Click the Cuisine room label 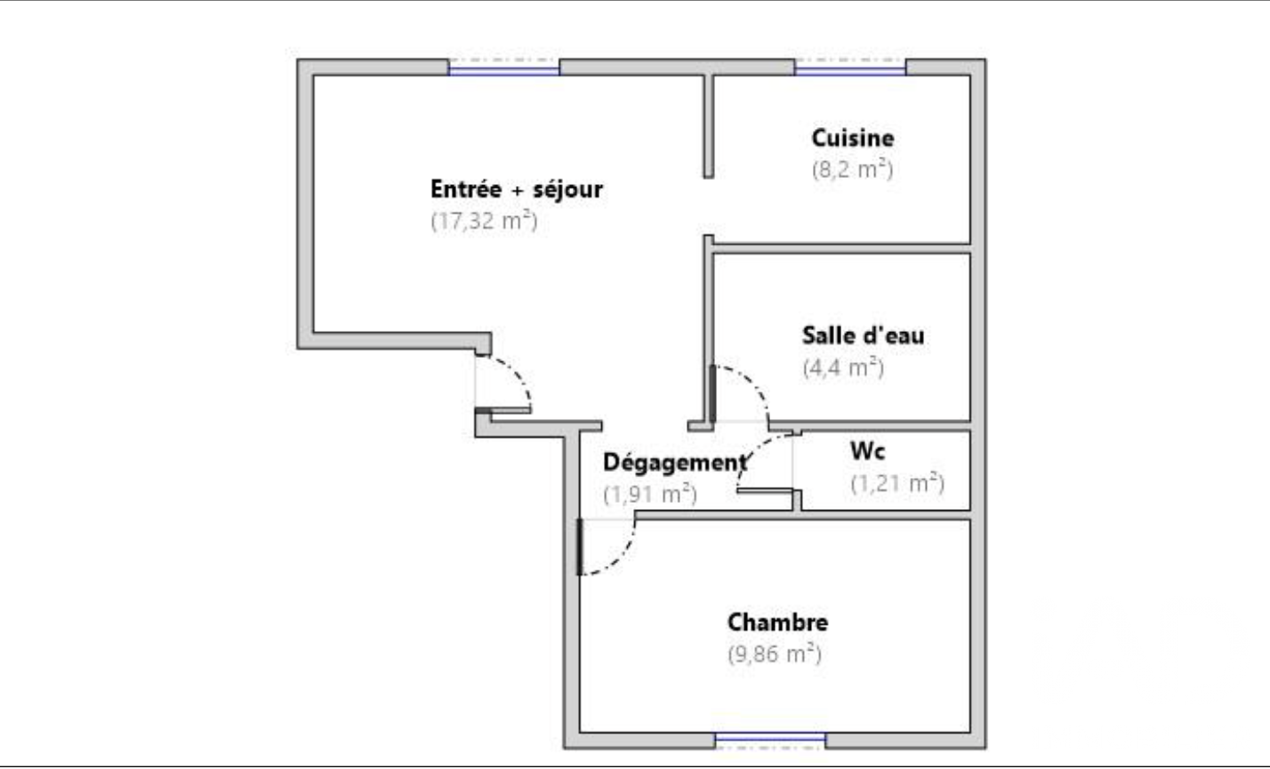coord(853,139)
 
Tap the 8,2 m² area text coord(853,170)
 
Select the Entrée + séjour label coord(517,190)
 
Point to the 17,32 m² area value coord(484,221)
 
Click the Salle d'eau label coord(863,336)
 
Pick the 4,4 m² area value coord(844,368)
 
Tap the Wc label coord(867,451)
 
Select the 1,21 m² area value coord(897,483)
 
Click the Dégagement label coord(675,463)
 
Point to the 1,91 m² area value coord(650,494)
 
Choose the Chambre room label coord(778,622)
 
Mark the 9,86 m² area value coord(775,654)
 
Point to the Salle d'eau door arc coord(753,382)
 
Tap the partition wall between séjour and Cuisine coord(709,126)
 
